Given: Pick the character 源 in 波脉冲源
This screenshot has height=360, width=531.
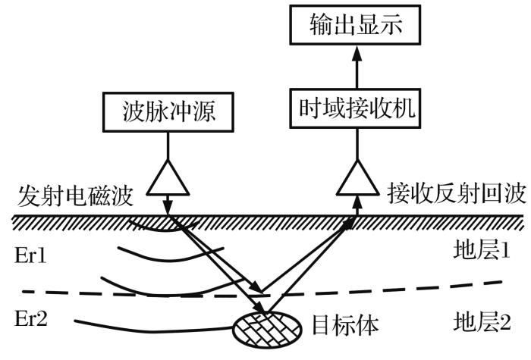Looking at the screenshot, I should [x=212, y=112].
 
